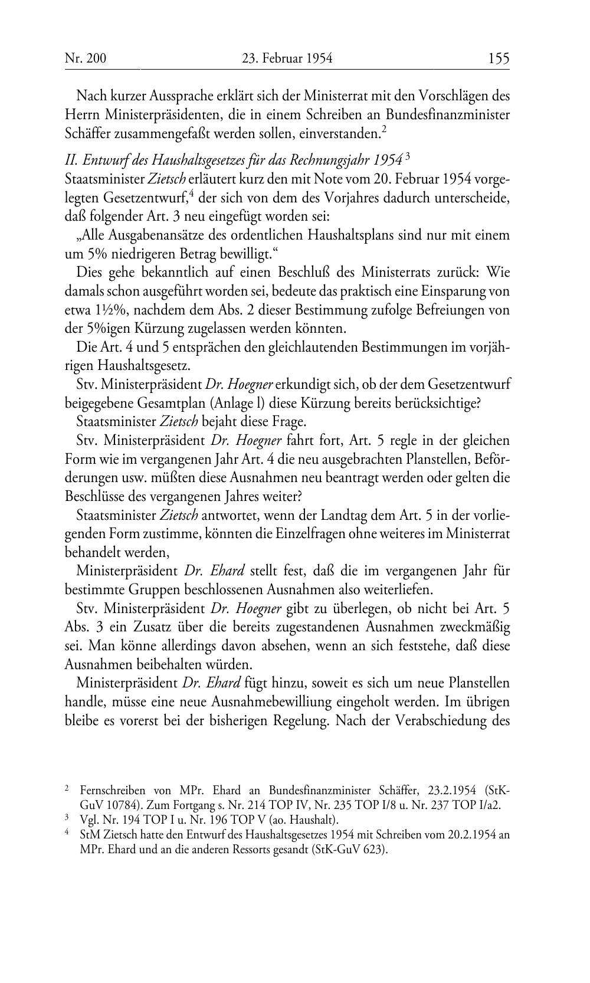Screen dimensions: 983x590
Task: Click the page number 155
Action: (x=498, y=58)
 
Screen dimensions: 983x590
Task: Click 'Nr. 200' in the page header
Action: (x=85, y=58)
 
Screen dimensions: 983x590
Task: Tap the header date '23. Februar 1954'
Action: (x=287, y=58)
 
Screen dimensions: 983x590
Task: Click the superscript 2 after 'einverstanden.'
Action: (x=383, y=129)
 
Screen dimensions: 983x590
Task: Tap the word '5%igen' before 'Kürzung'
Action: (x=107, y=328)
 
